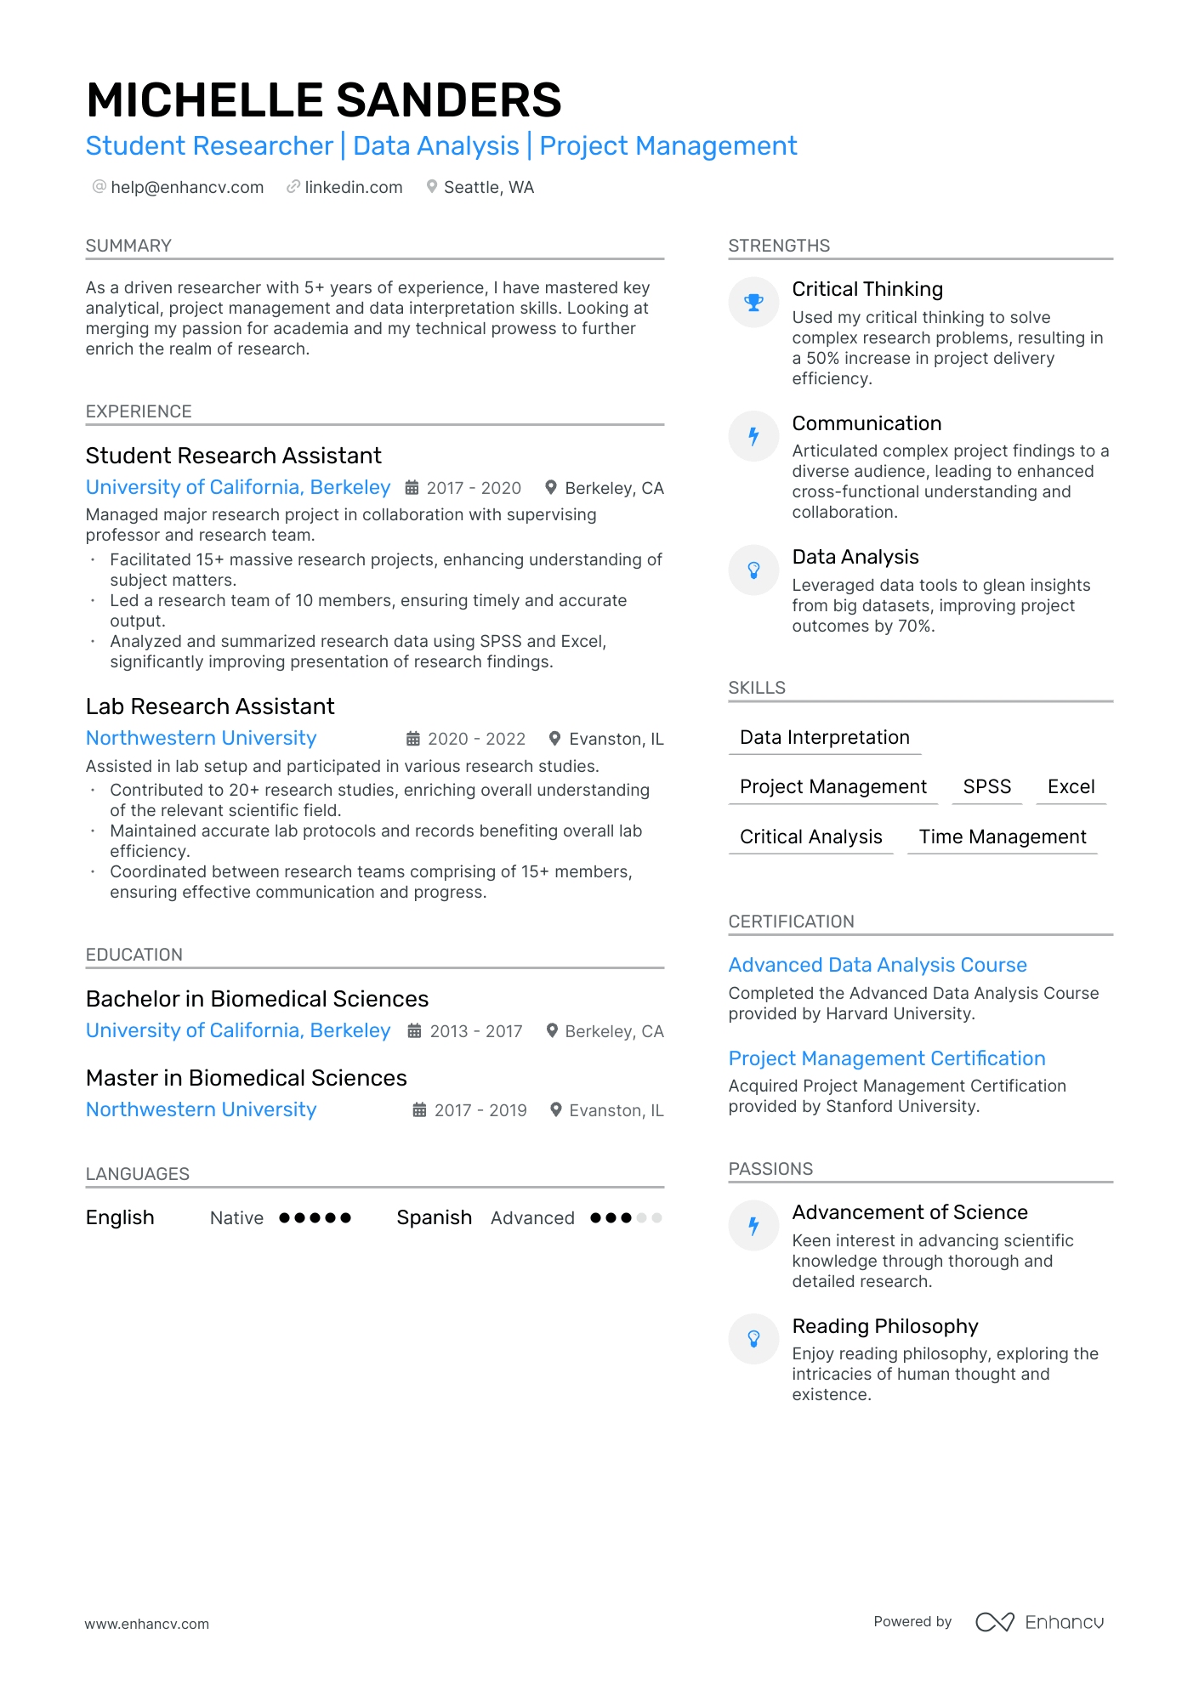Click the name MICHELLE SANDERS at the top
[323, 100]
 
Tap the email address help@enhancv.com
[187, 187]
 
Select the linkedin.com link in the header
[353, 187]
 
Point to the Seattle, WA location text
[488, 187]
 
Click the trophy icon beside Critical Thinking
[753, 302]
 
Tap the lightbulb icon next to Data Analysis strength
[753, 570]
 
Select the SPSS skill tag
[986, 786]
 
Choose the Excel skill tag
[1071, 786]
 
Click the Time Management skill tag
[1002, 837]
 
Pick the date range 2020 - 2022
[476, 739]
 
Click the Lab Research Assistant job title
[210, 706]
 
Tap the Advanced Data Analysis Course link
[878, 965]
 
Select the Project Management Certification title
[887, 1058]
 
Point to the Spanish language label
[434, 1217]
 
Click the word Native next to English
[236, 1218]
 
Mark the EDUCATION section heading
[134, 955]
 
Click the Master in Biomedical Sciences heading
[247, 1078]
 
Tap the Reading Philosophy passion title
[885, 1326]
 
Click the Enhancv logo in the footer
[1039, 1622]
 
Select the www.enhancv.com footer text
[146, 1624]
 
